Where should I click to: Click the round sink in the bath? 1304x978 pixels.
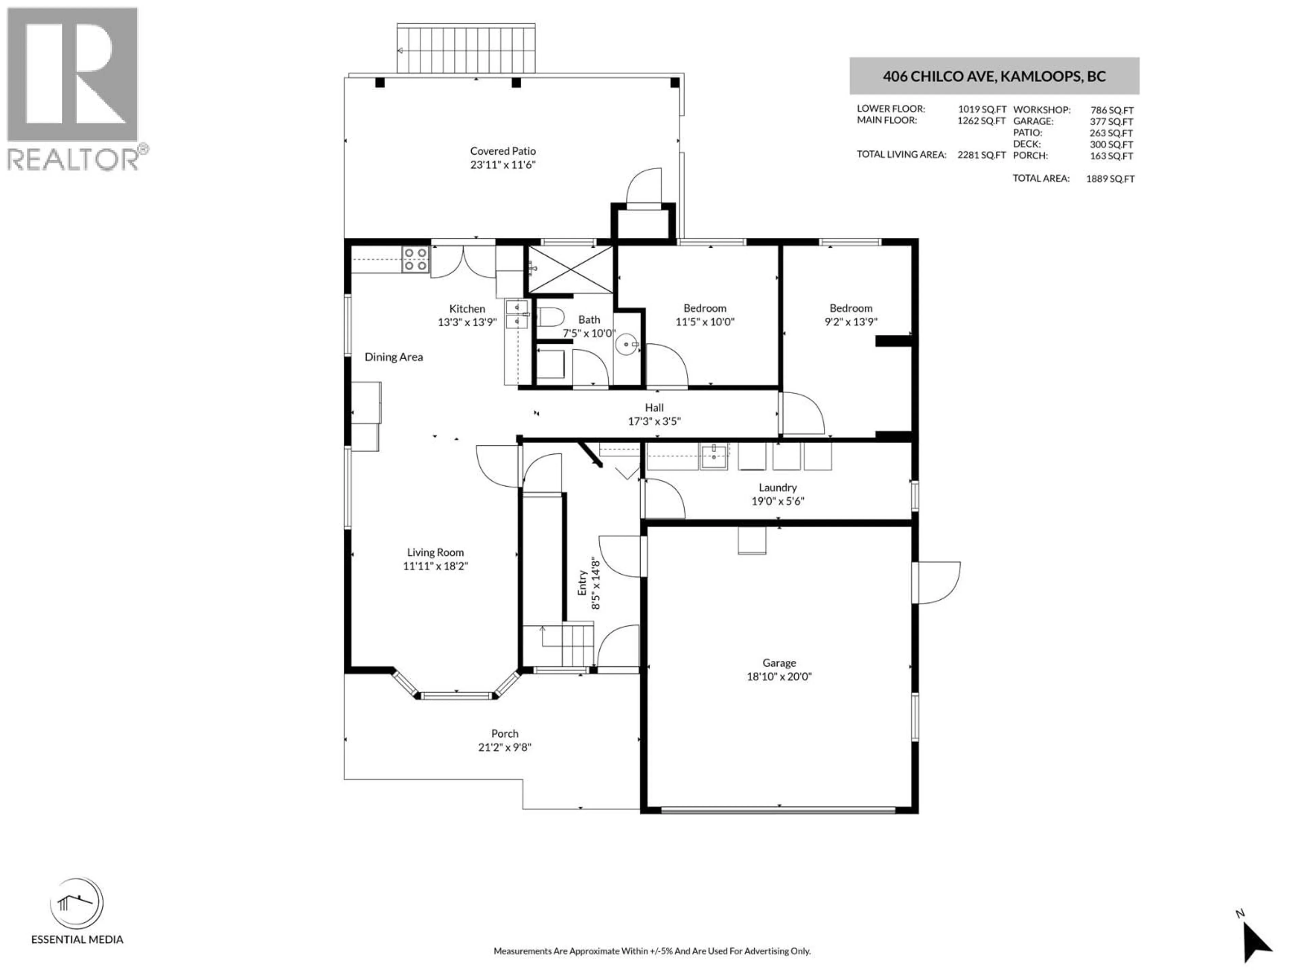pyautogui.click(x=626, y=344)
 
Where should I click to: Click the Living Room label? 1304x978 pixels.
pyautogui.click(x=435, y=553)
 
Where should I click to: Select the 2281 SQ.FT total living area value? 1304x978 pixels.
pyautogui.click(x=981, y=155)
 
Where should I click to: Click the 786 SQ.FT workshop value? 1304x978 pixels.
pyautogui.click(x=1111, y=110)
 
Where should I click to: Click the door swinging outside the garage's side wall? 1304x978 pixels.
pyautogui.click(x=937, y=582)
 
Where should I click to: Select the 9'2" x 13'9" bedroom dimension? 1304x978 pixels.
pyautogui.click(x=851, y=322)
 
